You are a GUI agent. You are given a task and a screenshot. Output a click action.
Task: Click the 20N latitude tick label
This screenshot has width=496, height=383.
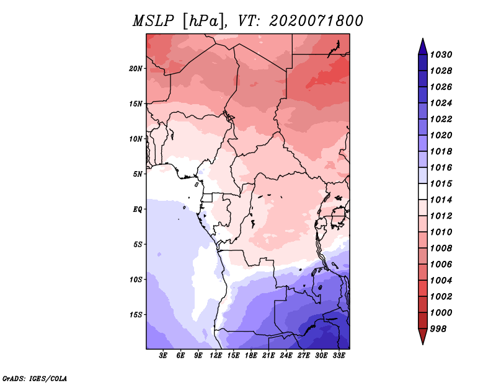point(135,69)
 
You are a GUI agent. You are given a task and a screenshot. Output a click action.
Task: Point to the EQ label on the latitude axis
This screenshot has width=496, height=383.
point(137,209)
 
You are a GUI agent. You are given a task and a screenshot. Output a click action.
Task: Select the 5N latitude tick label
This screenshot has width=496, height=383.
point(138,174)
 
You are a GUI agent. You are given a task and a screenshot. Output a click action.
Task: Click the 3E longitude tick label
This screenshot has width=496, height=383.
point(163,355)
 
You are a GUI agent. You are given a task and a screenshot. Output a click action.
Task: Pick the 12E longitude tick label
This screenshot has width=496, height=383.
point(215,355)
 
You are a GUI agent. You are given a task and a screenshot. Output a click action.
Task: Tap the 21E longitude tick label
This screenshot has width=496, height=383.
point(268,355)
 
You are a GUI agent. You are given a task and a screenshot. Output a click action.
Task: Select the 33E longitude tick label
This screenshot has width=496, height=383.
point(339,355)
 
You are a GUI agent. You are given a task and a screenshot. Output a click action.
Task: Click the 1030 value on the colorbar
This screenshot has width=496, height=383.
point(441,55)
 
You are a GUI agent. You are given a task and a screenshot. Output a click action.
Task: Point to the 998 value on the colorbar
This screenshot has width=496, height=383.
point(438,329)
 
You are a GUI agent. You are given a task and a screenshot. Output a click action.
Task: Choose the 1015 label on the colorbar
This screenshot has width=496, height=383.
point(441,183)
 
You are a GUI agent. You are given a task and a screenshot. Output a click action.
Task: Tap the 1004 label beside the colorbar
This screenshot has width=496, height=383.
point(441,281)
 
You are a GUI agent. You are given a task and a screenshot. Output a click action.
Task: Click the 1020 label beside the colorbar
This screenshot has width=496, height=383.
point(441,135)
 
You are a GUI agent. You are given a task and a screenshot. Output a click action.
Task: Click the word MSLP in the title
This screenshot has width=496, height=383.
point(153,21)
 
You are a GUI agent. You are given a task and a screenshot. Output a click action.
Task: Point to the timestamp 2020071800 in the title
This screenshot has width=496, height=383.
point(316,21)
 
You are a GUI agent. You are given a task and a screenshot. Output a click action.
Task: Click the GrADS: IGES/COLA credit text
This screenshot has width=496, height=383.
point(35,379)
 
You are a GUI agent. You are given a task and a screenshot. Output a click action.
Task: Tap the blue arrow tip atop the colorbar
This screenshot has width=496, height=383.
point(423,38)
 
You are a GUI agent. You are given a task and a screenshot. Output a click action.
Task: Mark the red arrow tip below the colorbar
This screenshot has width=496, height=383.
point(423,343)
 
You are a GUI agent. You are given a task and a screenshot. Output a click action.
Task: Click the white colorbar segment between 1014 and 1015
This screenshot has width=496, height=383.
point(423,191)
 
